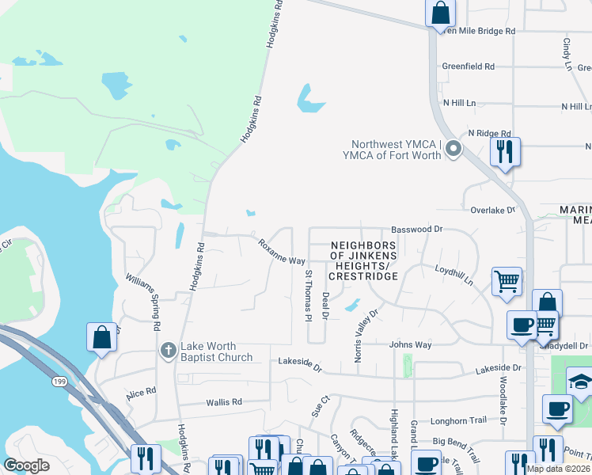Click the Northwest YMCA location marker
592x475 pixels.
coord(453,148)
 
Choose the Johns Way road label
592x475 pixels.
coord(410,344)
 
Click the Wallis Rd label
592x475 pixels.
coord(224,402)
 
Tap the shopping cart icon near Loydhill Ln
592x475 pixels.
coord(507,281)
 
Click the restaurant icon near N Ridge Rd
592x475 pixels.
coord(504,150)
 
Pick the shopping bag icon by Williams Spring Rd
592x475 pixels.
coord(102,337)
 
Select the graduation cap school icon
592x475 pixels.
coord(580,383)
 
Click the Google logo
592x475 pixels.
coord(26,465)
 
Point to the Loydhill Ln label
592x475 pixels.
coord(453,275)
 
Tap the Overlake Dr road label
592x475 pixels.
coord(492,211)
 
